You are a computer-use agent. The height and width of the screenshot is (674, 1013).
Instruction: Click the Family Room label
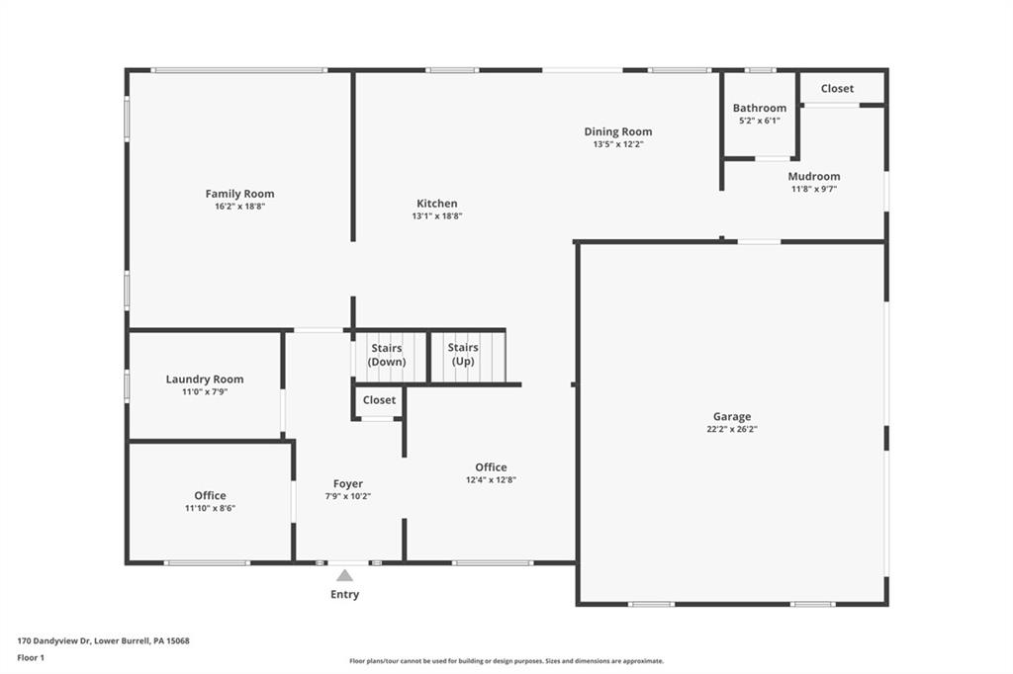pyautogui.click(x=239, y=194)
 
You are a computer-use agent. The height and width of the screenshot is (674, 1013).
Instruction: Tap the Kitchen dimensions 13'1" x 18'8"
pyautogui.click(x=437, y=216)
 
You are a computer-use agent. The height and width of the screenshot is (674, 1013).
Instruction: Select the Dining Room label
pyautogui.click(x=617, y=131)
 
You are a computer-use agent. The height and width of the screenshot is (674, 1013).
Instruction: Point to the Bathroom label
pyautogui.click(x=759, y=109)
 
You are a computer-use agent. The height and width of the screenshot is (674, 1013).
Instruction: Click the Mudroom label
pyautogui.click(x=814, y=177)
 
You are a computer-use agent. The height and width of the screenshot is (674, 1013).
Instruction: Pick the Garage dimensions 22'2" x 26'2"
pyautogui.click(x=732, y=430)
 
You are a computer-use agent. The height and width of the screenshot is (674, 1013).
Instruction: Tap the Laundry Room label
pyautogui.click(x=205, y=379)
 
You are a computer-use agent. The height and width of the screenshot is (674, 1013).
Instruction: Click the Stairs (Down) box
pyautogui.click(x=387, y=355)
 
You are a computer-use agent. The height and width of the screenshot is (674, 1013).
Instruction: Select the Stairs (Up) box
pyautogui.click(x=463, y=355)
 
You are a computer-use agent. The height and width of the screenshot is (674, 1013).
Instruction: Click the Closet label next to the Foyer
pyautogui.click(x=379, y=400)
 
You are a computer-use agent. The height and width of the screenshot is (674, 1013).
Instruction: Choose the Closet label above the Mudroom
pyautogui.click(x=837, y=89)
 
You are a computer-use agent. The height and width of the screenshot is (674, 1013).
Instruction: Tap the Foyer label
pyautogui.click(x=347, y=484)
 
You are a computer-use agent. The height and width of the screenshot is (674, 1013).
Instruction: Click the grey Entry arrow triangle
pyautogui.click(x=344, y=575)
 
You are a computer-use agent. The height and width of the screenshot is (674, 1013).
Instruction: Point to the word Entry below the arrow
pyautogui.click(x=344, y=595)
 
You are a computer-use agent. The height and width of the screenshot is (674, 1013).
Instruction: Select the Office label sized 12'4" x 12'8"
pyautogui.click(x=491, y=467)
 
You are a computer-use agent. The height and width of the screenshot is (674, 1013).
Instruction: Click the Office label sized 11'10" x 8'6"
pyautogui.click(x=210, y=496)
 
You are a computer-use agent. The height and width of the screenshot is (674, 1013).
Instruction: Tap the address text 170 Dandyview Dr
pyautogui.click(x=103, y=640)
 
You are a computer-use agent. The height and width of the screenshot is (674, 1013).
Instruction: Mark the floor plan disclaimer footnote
pyautogui.click(x=506, y=661)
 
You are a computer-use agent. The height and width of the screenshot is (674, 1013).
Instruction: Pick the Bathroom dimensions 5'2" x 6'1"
pyautogui.click(x=759, y=121)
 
